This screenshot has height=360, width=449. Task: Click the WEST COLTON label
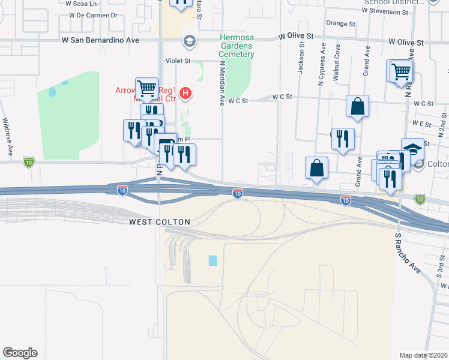pyautogui.click(x=160, y=222)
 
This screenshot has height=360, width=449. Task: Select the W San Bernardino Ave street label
pyautogui.click(x=100, y=40)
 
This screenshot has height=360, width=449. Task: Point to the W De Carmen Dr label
pyautogui.click(x=92, y=15)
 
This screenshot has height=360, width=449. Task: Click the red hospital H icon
pyautogui.click(x=186, y=93)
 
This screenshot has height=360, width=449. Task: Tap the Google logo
pyautogui.click(x=20, y=353)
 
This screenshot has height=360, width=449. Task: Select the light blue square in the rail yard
pyautogui.click(x=212, y=260)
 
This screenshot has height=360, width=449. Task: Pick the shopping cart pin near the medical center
pyautogui.click(x=146, y=89)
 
